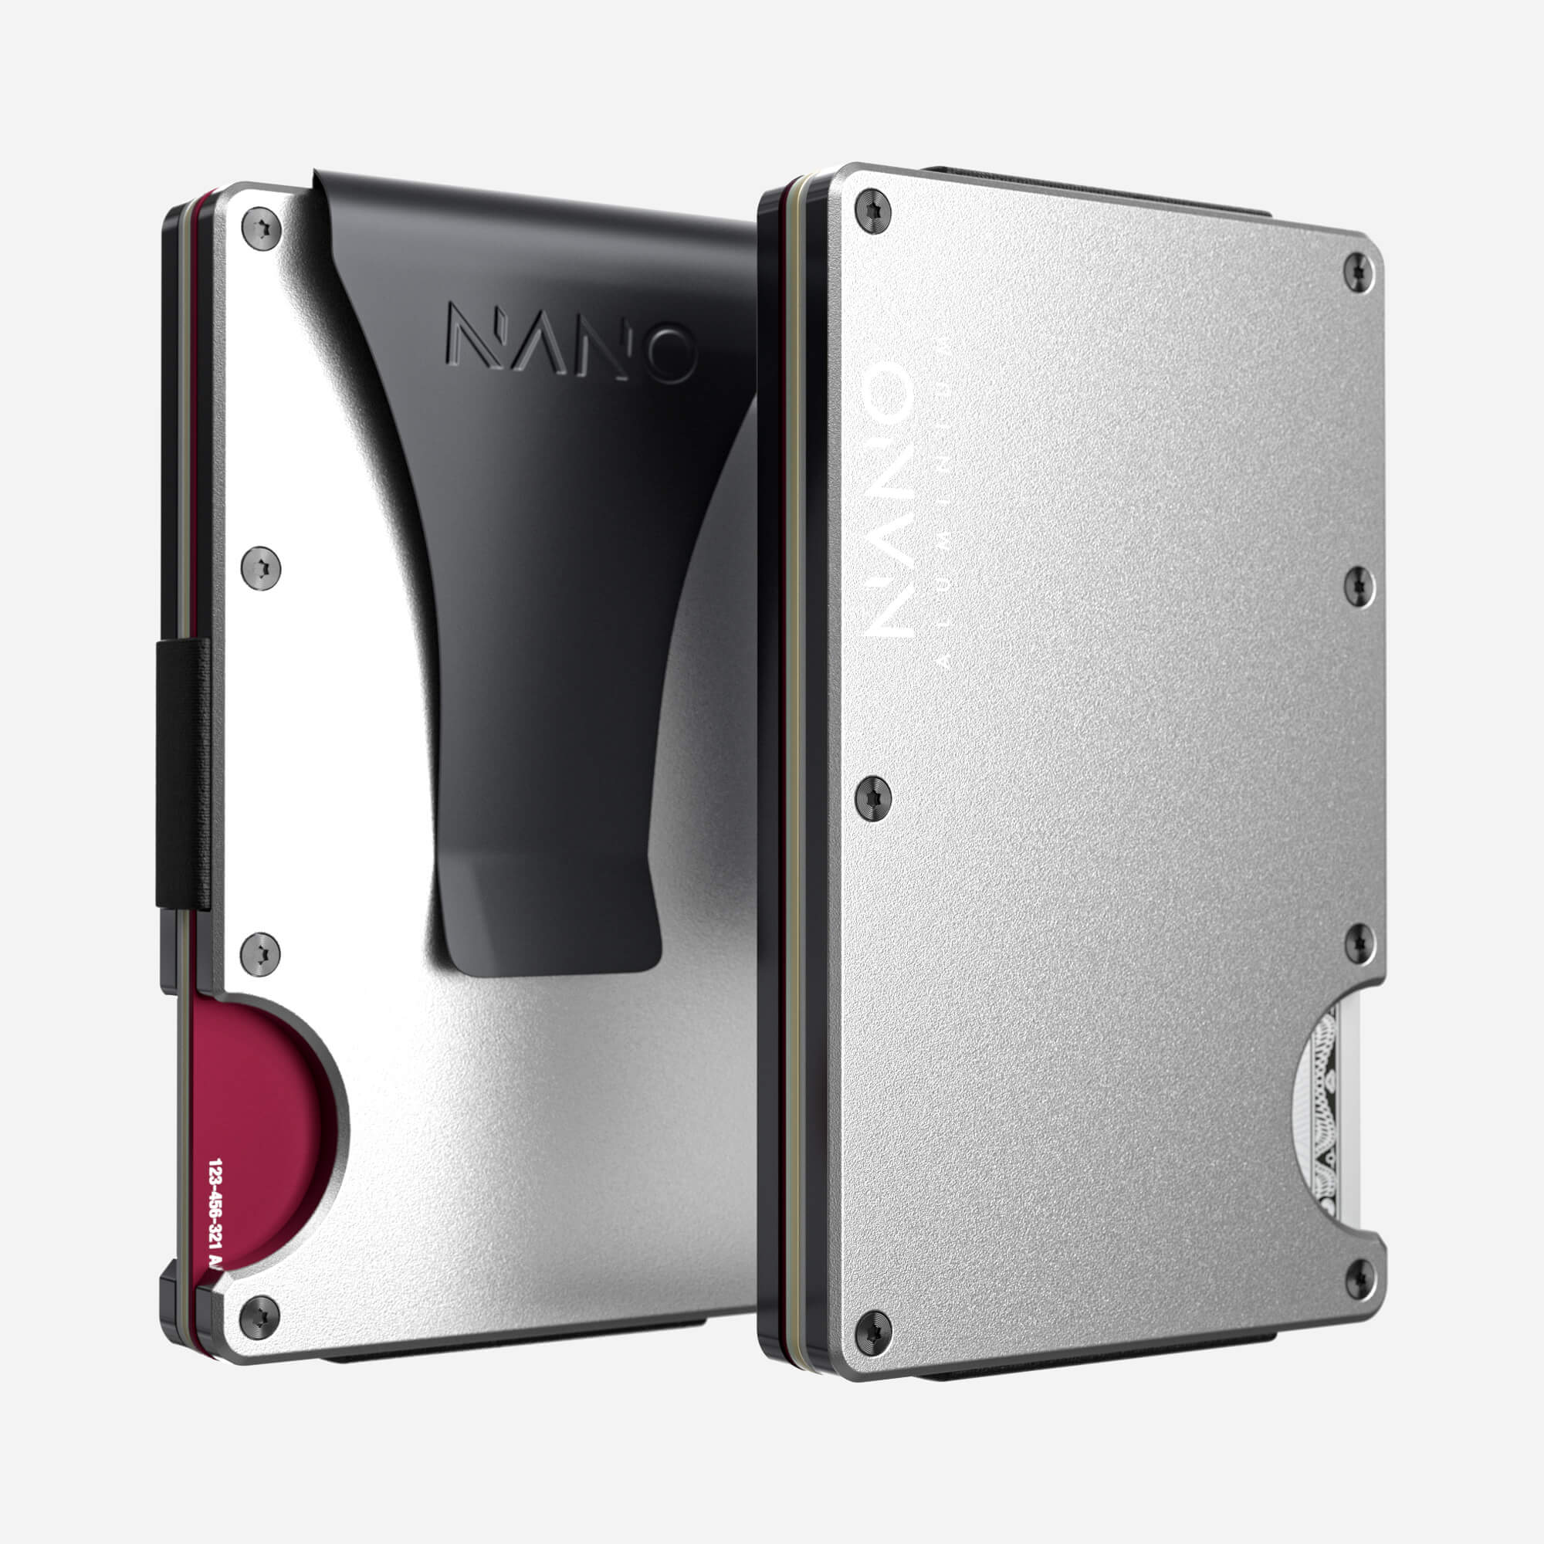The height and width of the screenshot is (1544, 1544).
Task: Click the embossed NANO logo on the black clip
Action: coord(571,342)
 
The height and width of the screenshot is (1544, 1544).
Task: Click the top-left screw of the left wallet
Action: coord(262,229)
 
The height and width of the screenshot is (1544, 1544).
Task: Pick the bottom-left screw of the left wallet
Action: coord(259,1317)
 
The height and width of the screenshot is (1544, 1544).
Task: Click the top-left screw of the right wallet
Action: coord(872,211)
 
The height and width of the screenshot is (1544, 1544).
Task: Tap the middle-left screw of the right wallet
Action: coord(872,797)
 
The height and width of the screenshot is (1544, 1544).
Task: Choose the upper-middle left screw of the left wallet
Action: coord(260,568)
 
